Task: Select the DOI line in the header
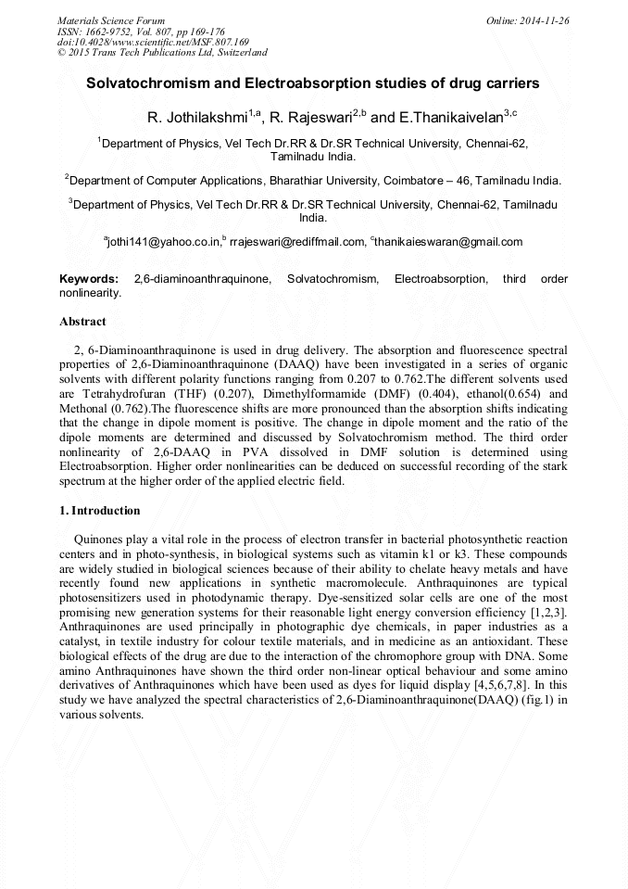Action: point(153,42)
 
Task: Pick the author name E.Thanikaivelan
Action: point(449,118)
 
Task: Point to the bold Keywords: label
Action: point(89,279)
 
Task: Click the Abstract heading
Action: point(82,322)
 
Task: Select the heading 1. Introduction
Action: point(100,511)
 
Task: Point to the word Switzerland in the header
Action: point(238,53)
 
